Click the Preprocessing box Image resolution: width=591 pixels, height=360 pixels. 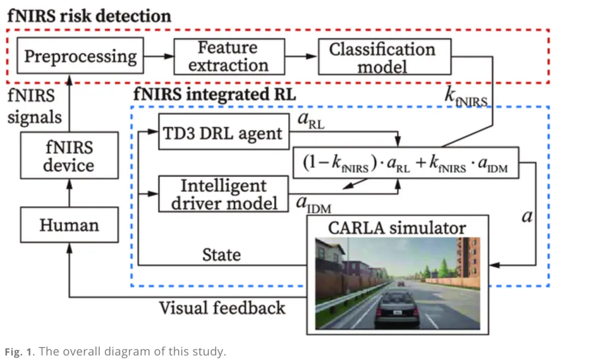pos(80,55)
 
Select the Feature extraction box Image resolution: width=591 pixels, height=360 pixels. pos(228,56)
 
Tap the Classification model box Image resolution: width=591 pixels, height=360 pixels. pos(383,57)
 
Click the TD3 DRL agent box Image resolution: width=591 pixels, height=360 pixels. pos(223,132)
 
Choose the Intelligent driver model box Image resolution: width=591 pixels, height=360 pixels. pos(223,194)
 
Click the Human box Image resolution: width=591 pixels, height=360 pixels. pos(68,224)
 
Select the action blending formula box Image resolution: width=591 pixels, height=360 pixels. pos(404,163)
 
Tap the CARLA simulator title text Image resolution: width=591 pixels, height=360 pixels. pos(396,228)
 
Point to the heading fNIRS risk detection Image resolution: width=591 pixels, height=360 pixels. pos(89,15)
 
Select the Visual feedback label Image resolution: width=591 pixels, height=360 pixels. pos(222,307)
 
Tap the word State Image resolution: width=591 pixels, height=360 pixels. pos(222,254)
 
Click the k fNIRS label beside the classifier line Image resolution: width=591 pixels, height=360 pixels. pos(467,96)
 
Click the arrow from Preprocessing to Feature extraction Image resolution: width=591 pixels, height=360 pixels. pos(158,56)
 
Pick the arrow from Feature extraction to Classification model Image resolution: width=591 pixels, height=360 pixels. pos(302,56)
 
